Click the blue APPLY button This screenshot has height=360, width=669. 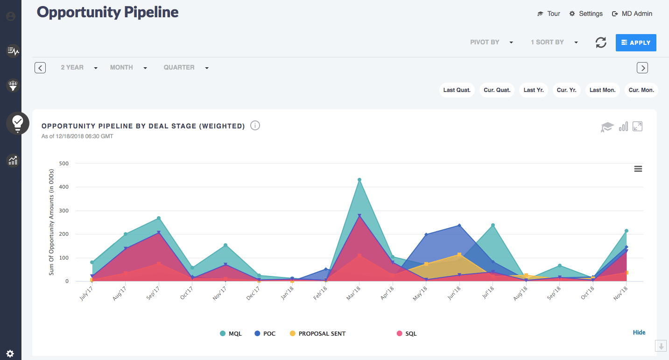pyautogui.click(x=636, y=42)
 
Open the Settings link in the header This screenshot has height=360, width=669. pyautogui.click(x=586, y=14)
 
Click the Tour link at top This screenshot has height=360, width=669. pyautogui.click(x=549, y=14)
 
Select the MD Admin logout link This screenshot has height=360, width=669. pyautogui.click(x=632, y=14)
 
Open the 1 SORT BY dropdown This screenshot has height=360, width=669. pyautogui.click(x=554, y=42)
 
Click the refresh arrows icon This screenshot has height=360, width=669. pyautogui.click(x=601, y=42)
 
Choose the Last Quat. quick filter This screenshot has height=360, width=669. pyautogui.click(x=457, y=90)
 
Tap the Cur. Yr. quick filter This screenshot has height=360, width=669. pyautogui.click(x=566, y=90)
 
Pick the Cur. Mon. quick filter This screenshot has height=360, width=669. pyautogui.click(x=641, y=90)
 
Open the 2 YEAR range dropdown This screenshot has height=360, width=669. pyautogui.click(x=79, y=68)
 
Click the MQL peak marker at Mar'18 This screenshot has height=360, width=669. pyautogui.click(x=359, y=180)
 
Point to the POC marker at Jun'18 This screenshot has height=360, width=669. pyautogui.click(x=459, y=226)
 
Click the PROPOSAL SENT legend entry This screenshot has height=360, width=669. pyautogui.click(x=317, y=333)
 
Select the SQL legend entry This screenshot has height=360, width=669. pyautogui.click(x=406, y=333)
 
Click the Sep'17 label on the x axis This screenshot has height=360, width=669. pyautogui.click(x=153, y=294)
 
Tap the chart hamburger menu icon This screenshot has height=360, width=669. pyautogui.click(x=638, y=169)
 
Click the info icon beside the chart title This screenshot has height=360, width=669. pyautogui.click(x=255, y=126)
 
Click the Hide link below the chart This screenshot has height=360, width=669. pyautogui.click(x=639, y=332)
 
